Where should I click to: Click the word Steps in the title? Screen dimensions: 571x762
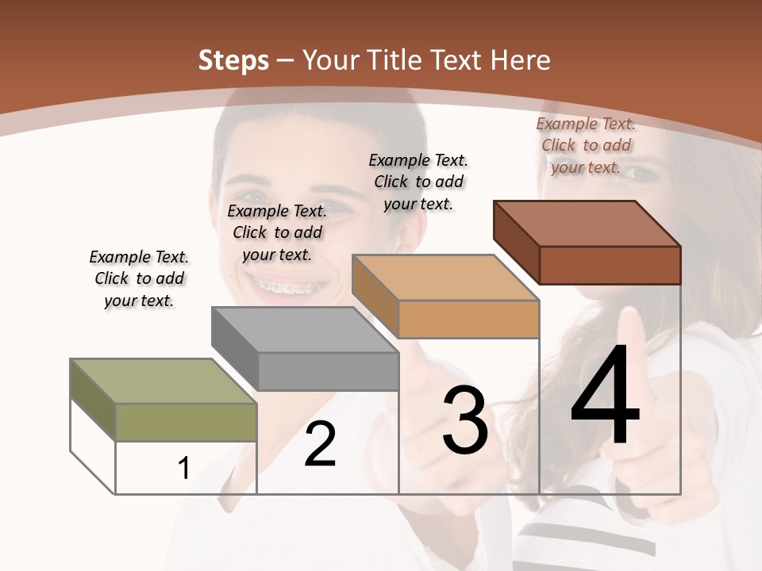tap(233, 60)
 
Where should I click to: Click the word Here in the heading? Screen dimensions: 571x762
tap(520, 60)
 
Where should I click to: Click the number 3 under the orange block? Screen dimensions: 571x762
tap(464, 420)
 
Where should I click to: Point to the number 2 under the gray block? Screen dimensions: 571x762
tap(320, 444)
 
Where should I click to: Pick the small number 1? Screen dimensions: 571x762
tap(184, 469)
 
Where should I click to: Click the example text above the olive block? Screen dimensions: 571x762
tap(139, 278)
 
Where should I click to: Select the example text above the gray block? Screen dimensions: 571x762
tap(277, 232)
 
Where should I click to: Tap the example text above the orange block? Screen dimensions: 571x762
tap(418, 182)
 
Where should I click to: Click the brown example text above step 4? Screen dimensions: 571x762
tap(586, 145)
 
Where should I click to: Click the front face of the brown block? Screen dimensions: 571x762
tap(610, 265)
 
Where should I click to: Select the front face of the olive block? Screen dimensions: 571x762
tap(186, 422)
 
